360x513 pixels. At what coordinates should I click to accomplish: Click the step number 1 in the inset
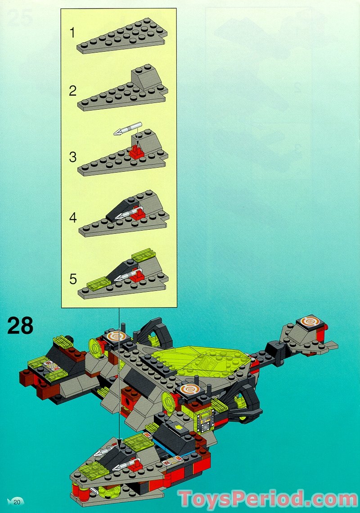pos(73,33)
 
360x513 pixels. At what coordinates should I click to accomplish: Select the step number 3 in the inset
pos(73,157)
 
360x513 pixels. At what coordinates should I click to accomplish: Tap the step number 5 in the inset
pos(73,279)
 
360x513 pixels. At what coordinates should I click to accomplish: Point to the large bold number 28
pos(20,326)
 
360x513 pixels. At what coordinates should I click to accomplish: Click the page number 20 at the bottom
pos(17,502)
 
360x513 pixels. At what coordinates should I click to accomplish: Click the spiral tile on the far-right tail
pos(310,321)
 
